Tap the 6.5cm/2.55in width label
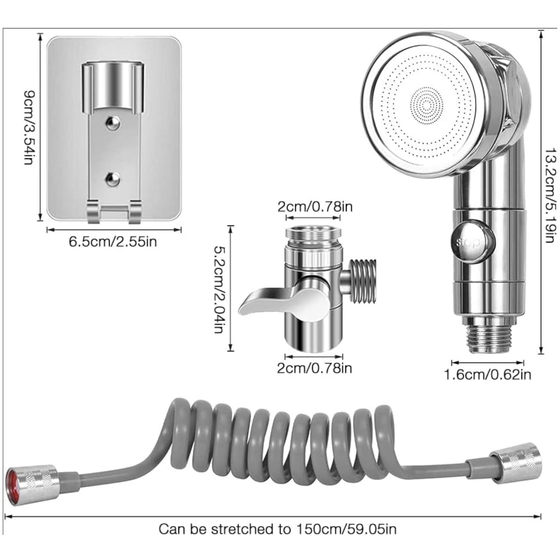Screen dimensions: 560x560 pos(113,241)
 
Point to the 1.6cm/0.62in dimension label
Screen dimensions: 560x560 pos(487,375)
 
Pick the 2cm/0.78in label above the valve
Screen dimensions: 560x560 pos(315,207)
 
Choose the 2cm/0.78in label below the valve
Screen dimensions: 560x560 pos(314,368)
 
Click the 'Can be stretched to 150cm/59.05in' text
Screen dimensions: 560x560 pos(277,529)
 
